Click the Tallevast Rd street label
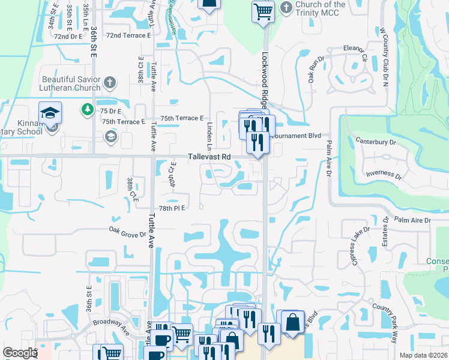coord(209,157)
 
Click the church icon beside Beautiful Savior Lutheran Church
coord(109,82)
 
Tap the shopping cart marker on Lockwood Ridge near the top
coord(263,11)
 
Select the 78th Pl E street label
coord(171,208)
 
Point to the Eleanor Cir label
coord(355,49)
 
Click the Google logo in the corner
coord(19,353)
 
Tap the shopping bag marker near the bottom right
coord(292,322)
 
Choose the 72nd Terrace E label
coord(128,35)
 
